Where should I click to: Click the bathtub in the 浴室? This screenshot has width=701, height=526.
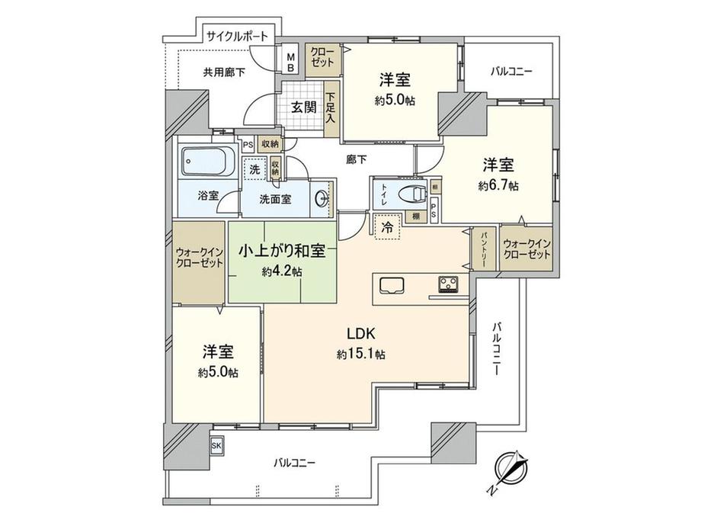coord(208,161)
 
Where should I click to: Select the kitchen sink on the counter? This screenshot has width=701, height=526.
coord(390,286)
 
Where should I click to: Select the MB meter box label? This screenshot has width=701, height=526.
coord(290,62)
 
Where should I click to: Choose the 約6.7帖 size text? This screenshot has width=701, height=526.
coord(498,185)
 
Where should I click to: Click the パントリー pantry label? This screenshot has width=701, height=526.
coord(483,248)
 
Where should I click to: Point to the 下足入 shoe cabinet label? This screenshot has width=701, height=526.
coord(330,108)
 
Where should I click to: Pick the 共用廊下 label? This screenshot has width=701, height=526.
coord(224,73)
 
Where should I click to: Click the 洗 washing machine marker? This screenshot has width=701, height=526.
coord(254,170)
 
